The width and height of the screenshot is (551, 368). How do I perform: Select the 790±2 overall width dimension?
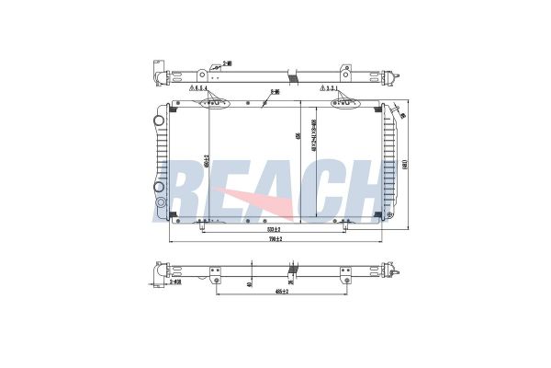coord(274,239)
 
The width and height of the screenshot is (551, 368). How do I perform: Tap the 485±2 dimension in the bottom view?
coord(281,293)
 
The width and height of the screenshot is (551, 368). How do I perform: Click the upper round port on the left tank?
coord(162,118)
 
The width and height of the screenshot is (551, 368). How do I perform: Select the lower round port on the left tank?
coord(162,201)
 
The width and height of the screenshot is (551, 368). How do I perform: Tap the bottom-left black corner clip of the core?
coord(174,215)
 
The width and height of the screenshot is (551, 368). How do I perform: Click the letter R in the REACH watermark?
coord(189,189)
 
